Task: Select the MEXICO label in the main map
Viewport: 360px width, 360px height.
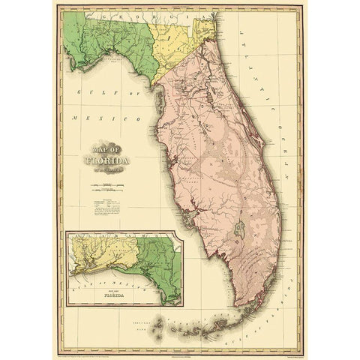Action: pos(88,118)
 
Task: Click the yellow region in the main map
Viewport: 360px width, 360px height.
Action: pos(175,45)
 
